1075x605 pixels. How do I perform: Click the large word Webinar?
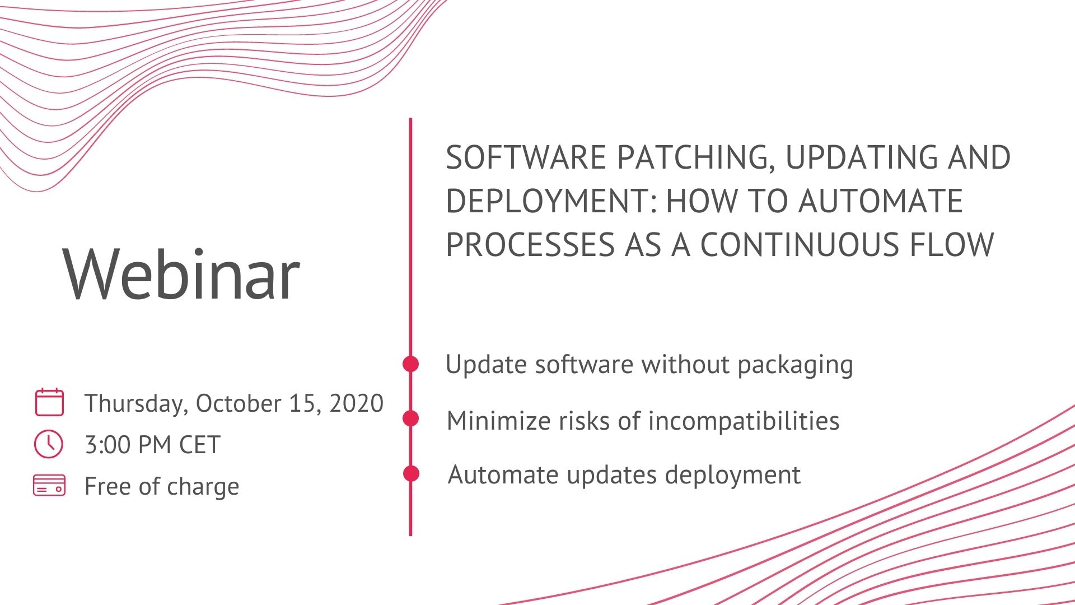pos(181,274)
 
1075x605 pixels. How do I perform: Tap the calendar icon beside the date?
pos(49,402)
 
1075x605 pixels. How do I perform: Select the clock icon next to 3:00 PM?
pos(49,444)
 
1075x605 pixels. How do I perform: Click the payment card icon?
pos(49,485)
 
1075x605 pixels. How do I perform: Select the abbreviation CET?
pos(199,445)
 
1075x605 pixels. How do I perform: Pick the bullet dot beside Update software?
pos(411,364)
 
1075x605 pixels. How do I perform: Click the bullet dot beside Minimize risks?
pos(411,418)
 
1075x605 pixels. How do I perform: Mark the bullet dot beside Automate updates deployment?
pos(411,473)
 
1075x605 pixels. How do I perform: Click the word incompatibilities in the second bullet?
pos(744,421)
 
